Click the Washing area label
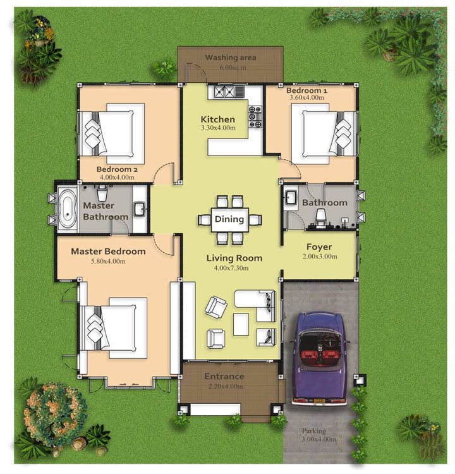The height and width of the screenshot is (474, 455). click(x=231, y=58)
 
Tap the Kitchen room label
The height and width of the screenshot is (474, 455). click(x=217, y=119)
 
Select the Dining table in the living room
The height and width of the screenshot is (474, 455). click(x=230, y=219)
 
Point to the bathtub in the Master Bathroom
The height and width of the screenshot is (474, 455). click(x=68, y=208)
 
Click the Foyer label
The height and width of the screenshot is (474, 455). click(x=319, y=246)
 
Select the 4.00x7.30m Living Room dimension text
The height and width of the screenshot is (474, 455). click(x=231, y=268)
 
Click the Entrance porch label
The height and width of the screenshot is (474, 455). click(x=224, y=377)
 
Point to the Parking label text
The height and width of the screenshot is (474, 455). click(x=314, y=431)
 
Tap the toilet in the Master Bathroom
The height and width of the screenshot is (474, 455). click(x=102, y=193)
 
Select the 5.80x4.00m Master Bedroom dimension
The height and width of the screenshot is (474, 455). click(x=108, y=261)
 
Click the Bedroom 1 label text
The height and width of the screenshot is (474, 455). click(x=306, y=90)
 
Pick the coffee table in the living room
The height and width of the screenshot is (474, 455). click(x=241, y=324)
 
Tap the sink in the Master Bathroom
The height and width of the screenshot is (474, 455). click(x=140, y=209)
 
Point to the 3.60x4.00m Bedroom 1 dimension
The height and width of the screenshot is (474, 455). click(x=306, y=97)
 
